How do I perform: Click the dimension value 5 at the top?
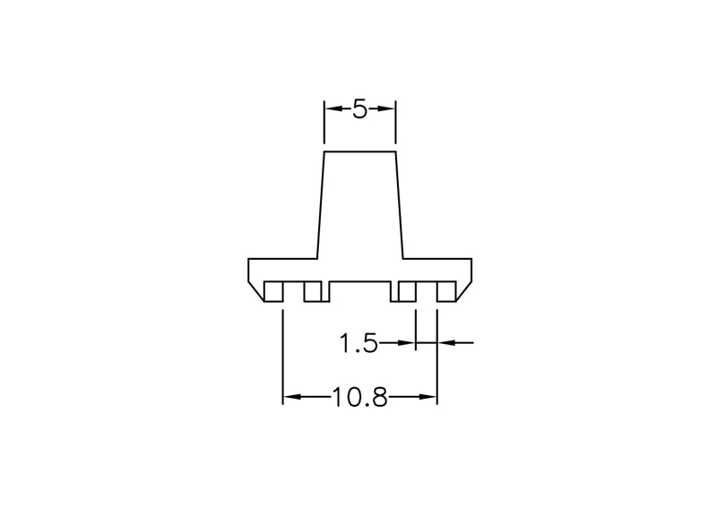click(360, 109)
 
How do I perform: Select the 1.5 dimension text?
click(358, 343)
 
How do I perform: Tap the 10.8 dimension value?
click(359, 397)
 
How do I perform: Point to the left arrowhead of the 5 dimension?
click(333, 108)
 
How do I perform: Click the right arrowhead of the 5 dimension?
click(386, 108)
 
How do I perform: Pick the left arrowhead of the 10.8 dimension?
click(292, 397)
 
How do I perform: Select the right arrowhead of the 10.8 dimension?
click(428, 397)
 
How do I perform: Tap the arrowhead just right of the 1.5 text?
click(407, 342)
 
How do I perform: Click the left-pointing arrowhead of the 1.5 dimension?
click(446, 342)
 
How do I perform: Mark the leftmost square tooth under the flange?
click(273, 291)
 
